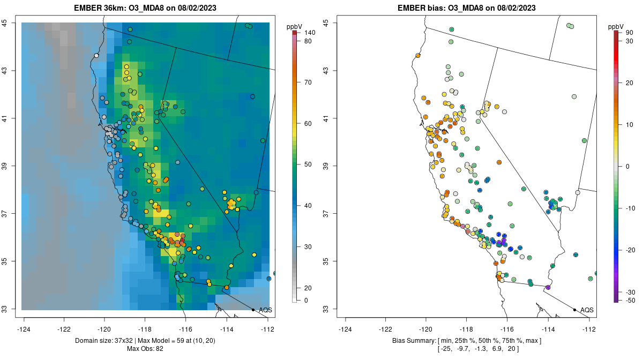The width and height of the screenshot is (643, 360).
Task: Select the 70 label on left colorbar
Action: (308, 82)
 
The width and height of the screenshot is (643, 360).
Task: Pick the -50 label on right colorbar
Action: (631, 300)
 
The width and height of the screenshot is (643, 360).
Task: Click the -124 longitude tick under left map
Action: (24, 329)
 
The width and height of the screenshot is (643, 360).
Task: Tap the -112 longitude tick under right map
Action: (589, 329)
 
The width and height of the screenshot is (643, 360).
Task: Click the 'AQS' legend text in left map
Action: (265, 310)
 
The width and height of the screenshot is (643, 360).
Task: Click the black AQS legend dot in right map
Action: (574, 310)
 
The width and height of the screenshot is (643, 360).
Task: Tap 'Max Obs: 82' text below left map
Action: (145, 349)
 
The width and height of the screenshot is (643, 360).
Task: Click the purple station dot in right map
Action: (548, 288)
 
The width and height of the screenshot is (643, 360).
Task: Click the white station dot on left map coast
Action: (96, 55)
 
